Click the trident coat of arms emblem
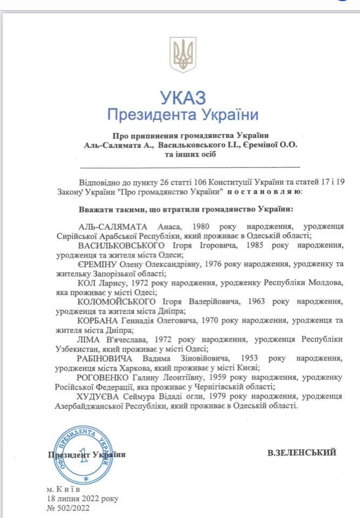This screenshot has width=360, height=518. pyautogui.click(x=182, y=54)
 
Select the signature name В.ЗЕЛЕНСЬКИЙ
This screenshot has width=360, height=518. pyautogui.click(x=302, y=453)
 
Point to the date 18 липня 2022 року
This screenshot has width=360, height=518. pyautogui.click(x=82, y=499)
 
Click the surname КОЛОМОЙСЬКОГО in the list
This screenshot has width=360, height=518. pyautogui.click(x=117, y=301)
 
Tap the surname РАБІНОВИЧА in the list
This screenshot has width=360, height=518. pyautogui.click(x=105, y=358)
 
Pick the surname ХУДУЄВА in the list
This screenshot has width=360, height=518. pyautogui.click(x=101, y=396)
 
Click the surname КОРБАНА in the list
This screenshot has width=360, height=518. pyautogui.click(x=99, y=320)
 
